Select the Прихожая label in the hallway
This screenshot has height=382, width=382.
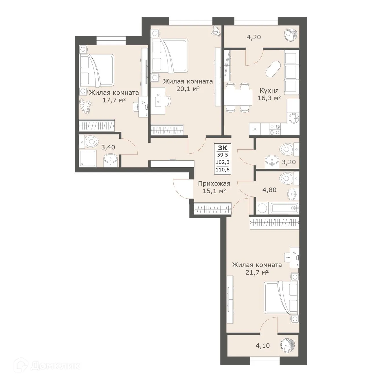tap(214, 183)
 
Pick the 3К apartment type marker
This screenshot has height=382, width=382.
tap(222, 148)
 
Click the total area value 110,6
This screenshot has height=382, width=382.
tap(222, 170)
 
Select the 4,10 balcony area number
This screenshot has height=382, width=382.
tap(262, 345)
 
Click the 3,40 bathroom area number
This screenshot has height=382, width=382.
tap(108, 147)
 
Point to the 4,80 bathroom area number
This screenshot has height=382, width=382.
tap(269, 190)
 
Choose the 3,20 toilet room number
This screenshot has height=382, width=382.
tap(288, 162)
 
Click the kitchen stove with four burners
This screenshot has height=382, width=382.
tap(275, 129)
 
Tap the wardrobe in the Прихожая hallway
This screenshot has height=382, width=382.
tap(213, 209)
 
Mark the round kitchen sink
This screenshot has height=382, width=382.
tap(293, 118)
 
